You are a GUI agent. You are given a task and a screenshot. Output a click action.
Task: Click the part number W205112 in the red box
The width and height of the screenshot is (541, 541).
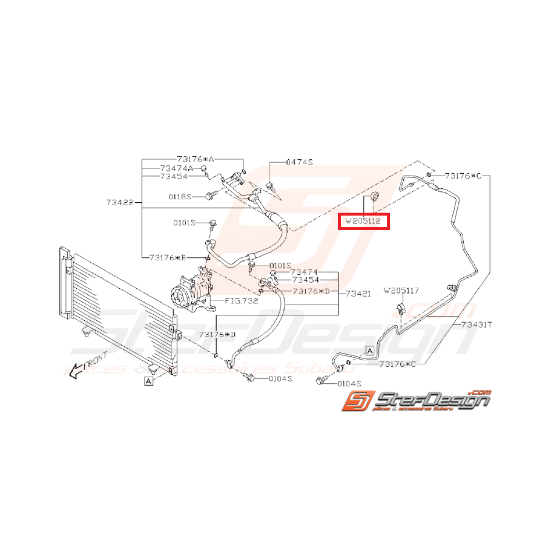[x=363, y=221]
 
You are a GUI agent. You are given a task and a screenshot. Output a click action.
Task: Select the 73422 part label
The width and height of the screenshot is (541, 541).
[x=120, y=203]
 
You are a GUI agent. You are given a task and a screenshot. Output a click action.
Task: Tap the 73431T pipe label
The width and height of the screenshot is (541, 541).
[x=476, y=325]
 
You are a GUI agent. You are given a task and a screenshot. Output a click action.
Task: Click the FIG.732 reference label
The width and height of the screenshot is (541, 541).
[x=241, y=301]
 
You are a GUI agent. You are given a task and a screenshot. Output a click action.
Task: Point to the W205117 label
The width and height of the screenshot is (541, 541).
[x=402, y=291]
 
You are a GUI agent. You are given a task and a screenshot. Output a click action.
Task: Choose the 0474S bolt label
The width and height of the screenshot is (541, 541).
[x=299, y=162]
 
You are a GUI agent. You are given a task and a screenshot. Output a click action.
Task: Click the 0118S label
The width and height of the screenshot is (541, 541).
[x=180, y=196]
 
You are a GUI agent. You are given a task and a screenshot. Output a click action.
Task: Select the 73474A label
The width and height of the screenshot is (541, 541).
[x=177, y=169]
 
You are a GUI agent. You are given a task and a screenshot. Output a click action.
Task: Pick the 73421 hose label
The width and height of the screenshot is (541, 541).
[x=358, y=293]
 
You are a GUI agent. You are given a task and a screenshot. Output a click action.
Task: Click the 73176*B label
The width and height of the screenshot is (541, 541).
[x=168, y=257]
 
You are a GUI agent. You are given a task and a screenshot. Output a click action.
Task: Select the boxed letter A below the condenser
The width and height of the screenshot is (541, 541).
[x=149, y=381]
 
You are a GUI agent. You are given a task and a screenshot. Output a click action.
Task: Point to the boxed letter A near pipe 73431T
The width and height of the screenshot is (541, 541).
[x=370, y=351]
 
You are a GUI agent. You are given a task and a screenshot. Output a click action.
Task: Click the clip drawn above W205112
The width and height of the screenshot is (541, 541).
[x=375, y=197]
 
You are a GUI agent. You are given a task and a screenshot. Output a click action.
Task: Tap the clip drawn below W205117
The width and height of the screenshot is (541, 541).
[x=400, y=308]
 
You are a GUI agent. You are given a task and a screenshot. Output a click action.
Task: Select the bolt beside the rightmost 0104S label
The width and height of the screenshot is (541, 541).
[x=321, y=381]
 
